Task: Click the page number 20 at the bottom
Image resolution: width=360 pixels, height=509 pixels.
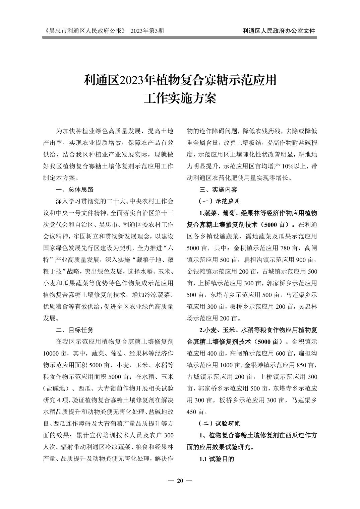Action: [180, 481]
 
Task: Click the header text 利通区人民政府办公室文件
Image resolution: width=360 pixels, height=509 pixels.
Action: [279, 31]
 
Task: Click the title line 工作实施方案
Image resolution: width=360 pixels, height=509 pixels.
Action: [180, 98]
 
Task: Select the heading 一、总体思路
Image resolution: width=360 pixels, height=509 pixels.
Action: [75, 190]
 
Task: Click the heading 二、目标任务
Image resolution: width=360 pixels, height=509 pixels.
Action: [75, 330]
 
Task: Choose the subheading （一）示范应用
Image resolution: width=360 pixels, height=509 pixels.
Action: [219, 201]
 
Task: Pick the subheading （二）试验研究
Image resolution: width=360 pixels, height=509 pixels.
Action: [219, 423]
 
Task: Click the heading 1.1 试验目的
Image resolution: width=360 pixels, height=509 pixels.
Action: [217, 459]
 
